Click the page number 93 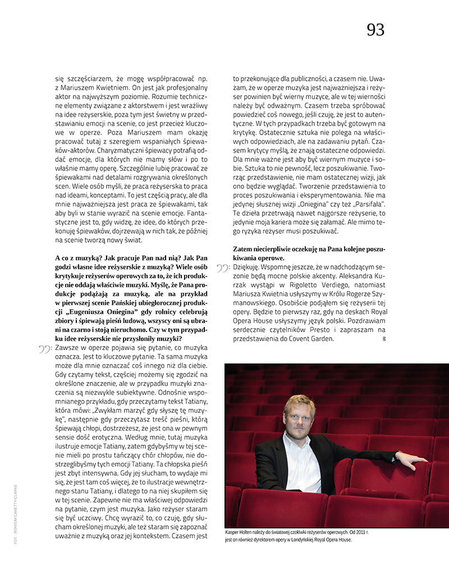pos(375,30)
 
